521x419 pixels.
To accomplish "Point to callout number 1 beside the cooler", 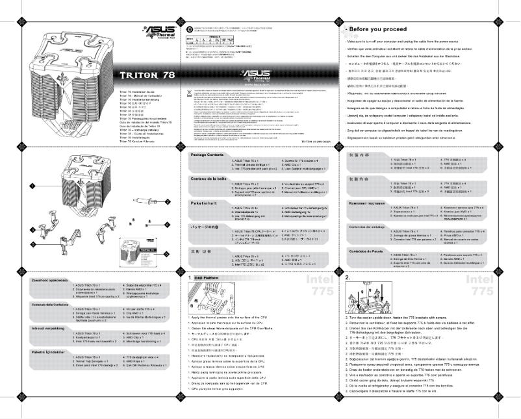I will pos(30,186).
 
